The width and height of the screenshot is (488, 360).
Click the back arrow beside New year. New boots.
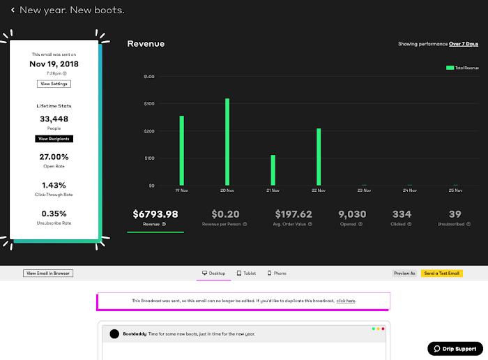coord(13,10)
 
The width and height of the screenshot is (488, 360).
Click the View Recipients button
coord(54,139)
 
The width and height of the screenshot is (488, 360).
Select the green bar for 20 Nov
coord(227,142)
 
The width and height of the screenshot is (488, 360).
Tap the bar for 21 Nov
coord(273,170)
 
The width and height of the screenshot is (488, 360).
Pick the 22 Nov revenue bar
coord(319,157)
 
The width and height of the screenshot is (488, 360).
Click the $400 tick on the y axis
coord(148,77)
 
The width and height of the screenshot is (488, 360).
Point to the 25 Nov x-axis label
coord(455,190)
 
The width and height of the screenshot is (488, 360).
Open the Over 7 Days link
coord(463,44)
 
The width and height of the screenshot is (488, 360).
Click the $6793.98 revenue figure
coord(155,214)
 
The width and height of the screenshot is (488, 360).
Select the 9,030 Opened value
coord(352,214)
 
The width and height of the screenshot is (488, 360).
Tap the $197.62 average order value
coord(293,214)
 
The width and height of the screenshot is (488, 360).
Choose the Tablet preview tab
coord(246,273)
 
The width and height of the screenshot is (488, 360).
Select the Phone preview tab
coord(277,273)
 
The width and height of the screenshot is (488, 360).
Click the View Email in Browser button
coord(48,273)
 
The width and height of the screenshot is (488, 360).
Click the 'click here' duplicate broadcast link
coord(346,301)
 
